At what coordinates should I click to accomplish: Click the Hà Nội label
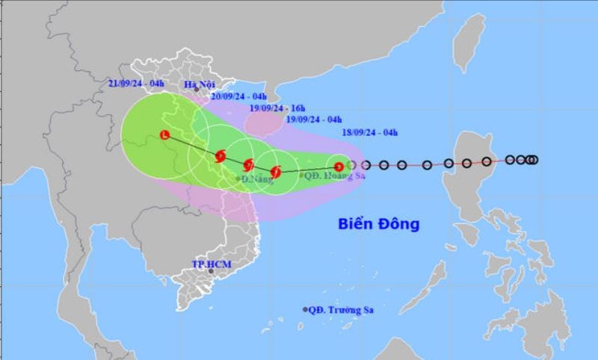point(200,84)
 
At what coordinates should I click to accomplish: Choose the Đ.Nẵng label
point(255,180)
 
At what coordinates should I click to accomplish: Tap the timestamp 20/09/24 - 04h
point(238,96)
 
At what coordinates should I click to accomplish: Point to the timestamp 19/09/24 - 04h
point(314,120)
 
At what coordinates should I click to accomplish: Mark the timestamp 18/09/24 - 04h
point(369,133)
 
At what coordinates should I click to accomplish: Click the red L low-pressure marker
point(164,135)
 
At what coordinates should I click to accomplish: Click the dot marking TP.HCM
point(212,271)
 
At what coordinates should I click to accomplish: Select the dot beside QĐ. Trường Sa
point(305,309)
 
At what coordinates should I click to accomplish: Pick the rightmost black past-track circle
point(534,159)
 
